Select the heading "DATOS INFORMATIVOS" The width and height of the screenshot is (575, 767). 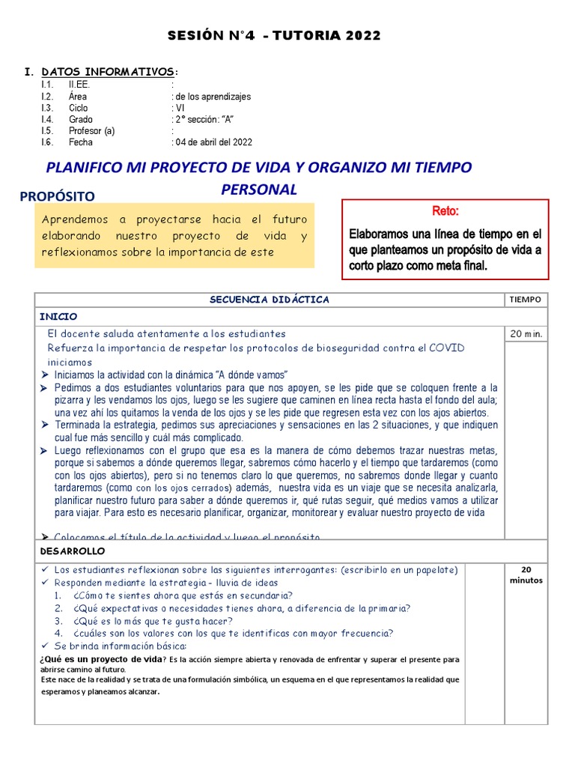tap(109, 72)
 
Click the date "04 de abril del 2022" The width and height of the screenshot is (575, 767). tap(213, 142)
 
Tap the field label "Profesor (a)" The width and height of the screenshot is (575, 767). tap(91, 131)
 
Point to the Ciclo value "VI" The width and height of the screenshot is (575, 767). tap(180, 108)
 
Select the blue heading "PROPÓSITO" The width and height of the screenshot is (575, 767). tap(57, 196)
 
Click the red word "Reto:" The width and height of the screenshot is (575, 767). tap(445, 211)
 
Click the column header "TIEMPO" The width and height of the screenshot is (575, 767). tap(525, 300)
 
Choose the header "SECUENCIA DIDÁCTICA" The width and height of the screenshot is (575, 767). tap(270, 300)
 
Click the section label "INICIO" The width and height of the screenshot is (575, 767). tap(58, 317)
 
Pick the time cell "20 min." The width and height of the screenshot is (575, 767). tap(526, 334)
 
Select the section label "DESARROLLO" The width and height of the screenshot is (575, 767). tap(73, 551)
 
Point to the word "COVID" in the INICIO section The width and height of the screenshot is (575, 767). tap(446, 348)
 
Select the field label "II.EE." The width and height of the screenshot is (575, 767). tap(79, 85)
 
